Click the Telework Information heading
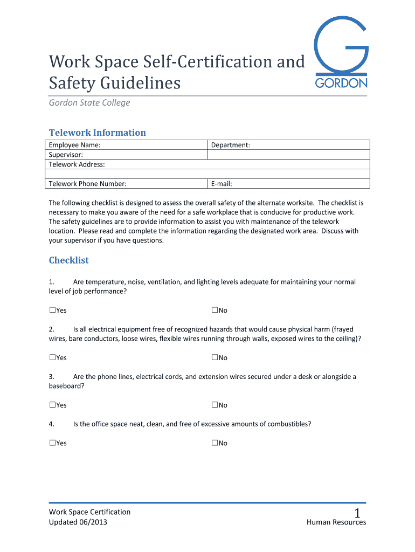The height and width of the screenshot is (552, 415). point(97,133)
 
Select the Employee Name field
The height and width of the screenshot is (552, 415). point(127,145)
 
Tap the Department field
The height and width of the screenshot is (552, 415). point(288,145)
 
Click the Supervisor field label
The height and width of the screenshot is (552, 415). point(66,155)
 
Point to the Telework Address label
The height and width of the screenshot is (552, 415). point(77,164)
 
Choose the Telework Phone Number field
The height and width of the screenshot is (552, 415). point(127,184)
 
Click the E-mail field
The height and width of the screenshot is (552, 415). point(288,184)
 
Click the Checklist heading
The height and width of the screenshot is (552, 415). point(69,260)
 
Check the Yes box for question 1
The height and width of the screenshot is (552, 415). point(52,310)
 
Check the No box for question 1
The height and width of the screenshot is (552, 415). point(215,310)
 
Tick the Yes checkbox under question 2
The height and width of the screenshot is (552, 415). point(52,357)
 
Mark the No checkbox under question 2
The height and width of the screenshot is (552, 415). point(215,357)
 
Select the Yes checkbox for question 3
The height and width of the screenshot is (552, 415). point(52,405)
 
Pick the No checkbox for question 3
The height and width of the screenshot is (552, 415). point(215,405)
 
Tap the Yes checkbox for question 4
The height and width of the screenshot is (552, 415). point(52,443)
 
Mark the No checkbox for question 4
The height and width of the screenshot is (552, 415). point(215,443)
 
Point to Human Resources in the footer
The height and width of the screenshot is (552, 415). point(336,522)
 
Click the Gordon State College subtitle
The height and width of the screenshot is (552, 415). point(89,102)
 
